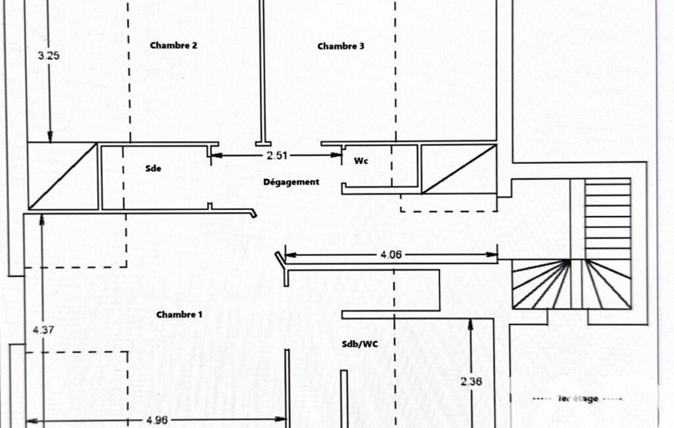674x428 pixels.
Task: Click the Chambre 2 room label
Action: click(174, 45)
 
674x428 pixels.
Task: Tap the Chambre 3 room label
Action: click(341, 46)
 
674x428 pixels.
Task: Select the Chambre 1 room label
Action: click(180, 314)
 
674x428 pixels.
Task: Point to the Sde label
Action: click(153, 169)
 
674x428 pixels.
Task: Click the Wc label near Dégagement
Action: click(361, 161)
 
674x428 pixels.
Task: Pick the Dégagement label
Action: click(291, 182)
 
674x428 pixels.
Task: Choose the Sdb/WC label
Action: click(360, 344)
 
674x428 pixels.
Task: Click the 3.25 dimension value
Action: click(49, 55)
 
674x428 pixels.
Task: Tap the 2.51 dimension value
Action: click(277, 155)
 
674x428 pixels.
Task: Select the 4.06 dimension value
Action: click(391, 255)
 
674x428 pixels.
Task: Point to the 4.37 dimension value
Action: click(43, 330)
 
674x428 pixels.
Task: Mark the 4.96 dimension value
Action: click(157, 420)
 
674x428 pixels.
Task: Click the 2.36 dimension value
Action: click(471, 381)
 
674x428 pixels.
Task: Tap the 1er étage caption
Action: click(578, 399)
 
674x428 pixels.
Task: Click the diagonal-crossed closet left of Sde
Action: click(62, 176)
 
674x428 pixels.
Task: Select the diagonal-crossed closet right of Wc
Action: click(458, 169)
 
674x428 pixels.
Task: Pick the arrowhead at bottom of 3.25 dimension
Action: click(50, 137)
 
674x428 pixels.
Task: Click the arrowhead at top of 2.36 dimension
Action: click(471, 324)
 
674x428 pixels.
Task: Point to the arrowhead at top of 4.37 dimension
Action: click(41, 220)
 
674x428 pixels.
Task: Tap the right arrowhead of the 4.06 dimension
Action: click(492, 255)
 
